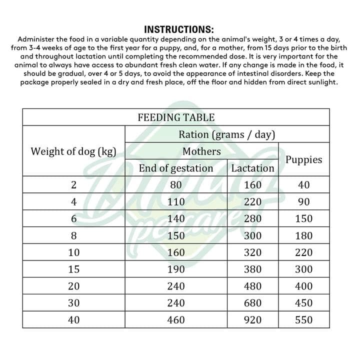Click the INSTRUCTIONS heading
pyautogui.click(x=179, y=29)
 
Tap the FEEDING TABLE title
pyautogui.click(x=176, y=118)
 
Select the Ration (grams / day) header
pyautogui.click(x=227, y=134)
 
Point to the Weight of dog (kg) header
pyautogui.click(x=73, y=151)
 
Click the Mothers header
pyautogui.click(x=201, y=151)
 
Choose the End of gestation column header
pyautogui.click(x=176, y=168)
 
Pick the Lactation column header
pyautogui.click(x=253, y=168)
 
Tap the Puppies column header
pyautogui.click(x=304, y=160)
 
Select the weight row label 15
pyautogui.click(x=73, y=269)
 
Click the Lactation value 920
pyautogui.click(x=253, y=320)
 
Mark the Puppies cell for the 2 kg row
pyautogui.click(x=304, y=185)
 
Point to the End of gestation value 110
pyautogui.click(x=176, y=202)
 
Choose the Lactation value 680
pyautogui.click(x=253, y=303)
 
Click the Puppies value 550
pyautogui.click(x=304, y=320)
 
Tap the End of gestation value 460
pyautogui.click(x=176, y=320)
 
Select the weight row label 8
pyautogui.click(x=73, y=235)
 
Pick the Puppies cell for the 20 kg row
pyautogui.click(x=304, y=286)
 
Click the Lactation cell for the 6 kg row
pyautogui.click(x=253, y=218)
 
